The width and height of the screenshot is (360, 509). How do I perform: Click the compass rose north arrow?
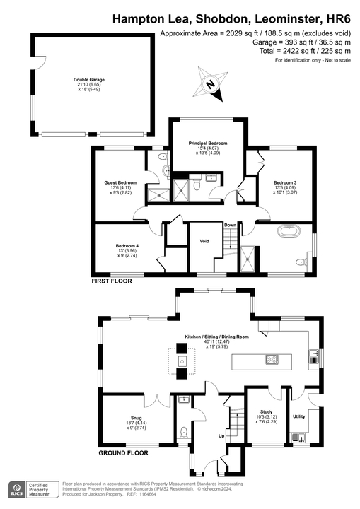(211, 83)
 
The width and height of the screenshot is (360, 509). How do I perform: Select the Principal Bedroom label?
(207, 144)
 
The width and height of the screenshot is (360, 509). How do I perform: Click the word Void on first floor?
(204, 242)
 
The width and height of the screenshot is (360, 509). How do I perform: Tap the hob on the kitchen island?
(271, 359)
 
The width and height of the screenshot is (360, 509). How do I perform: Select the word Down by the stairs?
(231, 226)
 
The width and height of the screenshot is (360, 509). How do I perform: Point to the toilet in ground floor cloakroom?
(184, 431)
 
